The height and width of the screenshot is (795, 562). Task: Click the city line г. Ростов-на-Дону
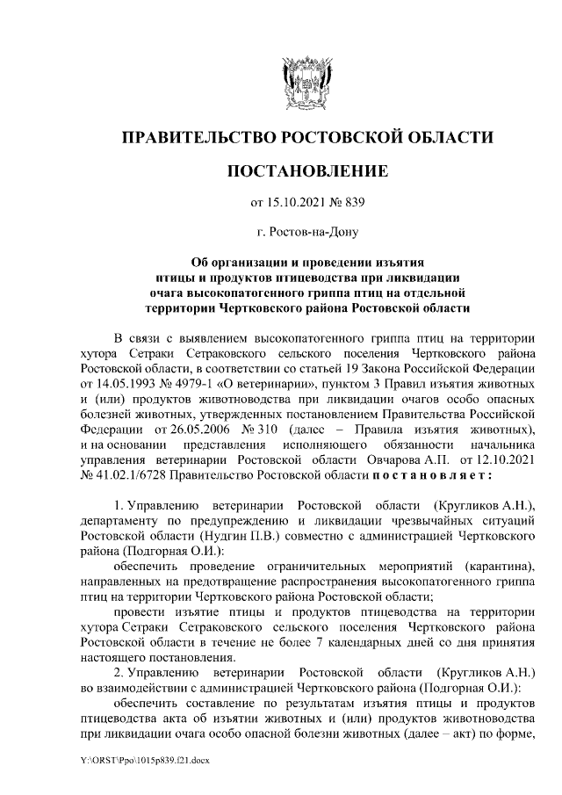click(x=306, y=233)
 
